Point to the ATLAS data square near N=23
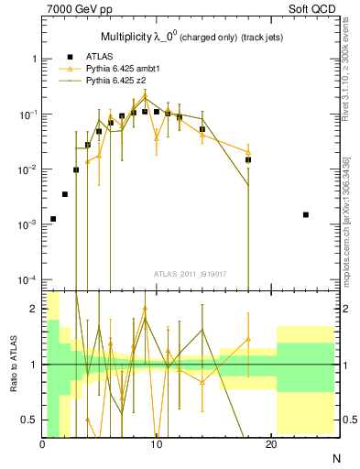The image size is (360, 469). click(x=305, y=214)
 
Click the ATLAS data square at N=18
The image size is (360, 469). click(x=248, y=159)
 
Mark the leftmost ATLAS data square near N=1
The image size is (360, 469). click(x=53, y=219)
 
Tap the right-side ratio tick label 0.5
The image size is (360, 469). click(x=349, y=420)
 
